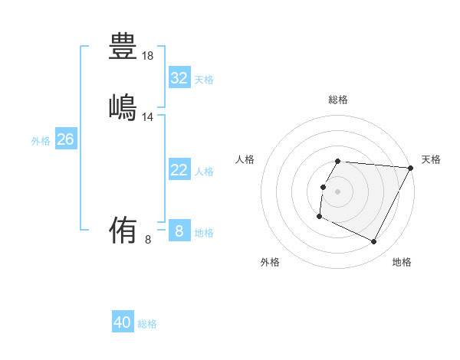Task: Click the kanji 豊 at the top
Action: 123,46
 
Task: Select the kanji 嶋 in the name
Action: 123,106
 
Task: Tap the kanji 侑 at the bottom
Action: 123,229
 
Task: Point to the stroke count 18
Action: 148,56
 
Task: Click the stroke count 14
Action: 148,117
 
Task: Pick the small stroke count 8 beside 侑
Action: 148,240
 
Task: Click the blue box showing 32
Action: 179,78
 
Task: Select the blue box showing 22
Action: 179,170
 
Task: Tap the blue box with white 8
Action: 179,231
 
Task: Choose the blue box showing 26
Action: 65,139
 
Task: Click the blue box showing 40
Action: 123,322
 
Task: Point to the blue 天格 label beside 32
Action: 204,80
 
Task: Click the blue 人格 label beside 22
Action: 204,172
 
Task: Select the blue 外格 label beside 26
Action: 41,141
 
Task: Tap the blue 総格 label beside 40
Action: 148,324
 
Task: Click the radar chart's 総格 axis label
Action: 338,100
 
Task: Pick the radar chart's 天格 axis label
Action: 431,159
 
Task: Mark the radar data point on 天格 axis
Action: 411,168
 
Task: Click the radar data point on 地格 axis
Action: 374,242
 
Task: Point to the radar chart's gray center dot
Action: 338,191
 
